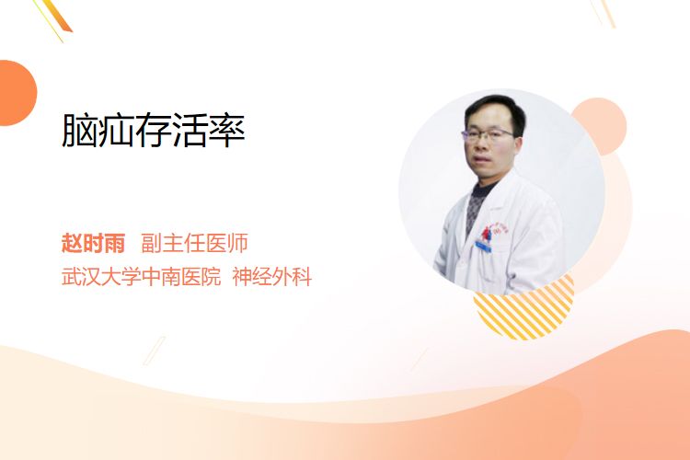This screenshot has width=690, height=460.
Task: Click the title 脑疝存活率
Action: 153,130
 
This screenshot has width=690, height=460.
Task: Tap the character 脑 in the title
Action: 80,130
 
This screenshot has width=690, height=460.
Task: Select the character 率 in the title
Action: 227,130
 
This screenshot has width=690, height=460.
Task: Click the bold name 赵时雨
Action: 93,243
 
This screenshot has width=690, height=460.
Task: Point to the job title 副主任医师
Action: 194,243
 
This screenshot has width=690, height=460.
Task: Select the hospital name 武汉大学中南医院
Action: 141,277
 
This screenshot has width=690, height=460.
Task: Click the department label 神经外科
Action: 272,277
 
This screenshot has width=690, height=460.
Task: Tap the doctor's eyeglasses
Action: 487,133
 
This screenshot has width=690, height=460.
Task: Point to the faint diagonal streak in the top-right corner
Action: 604,12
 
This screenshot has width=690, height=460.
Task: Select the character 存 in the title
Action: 153,130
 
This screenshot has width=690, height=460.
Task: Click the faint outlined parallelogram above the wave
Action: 155,351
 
